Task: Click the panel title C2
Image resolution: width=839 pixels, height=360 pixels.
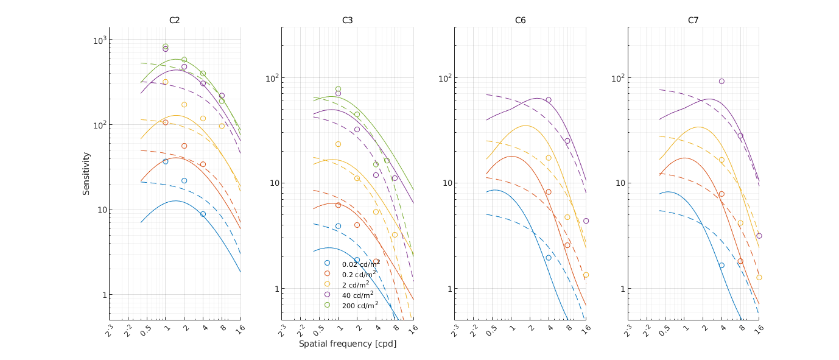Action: tap(174, 20)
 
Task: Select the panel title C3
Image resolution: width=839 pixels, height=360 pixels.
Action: tap(347, 20)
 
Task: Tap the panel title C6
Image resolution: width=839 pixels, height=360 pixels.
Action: tap(520, 20)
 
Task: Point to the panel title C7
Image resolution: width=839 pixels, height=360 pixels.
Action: tap(693, 20)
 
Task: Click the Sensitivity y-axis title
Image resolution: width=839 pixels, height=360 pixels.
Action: tap(86, 174)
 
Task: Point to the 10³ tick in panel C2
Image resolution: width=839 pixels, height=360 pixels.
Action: tap(99, 40)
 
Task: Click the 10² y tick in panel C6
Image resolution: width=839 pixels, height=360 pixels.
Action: tap(444, 78)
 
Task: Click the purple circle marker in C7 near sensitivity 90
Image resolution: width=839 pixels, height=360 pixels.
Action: tap(721, 81)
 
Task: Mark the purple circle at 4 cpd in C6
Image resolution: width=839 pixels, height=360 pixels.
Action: tap(549, 100)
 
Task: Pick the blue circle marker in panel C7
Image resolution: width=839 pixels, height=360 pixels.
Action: tap(721, 266)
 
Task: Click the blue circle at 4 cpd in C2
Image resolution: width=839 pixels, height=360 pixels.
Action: tap(203, 214)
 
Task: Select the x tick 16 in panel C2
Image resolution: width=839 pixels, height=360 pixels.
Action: tap(239, 329)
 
